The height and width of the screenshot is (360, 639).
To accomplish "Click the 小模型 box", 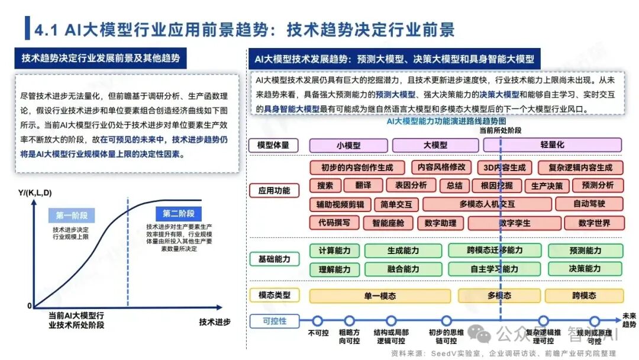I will (348, 145).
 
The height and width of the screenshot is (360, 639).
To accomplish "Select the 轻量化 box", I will (552, 145).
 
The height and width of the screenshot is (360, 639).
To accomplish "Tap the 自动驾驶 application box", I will (589, 204).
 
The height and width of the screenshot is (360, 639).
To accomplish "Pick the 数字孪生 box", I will (514, 223).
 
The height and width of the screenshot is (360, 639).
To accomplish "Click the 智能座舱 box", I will (384, 223).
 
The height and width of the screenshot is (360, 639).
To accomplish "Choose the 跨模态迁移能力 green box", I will (495, 250).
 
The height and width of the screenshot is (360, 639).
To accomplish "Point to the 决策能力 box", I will (585, 269).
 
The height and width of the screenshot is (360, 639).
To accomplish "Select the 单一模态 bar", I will (380, 295).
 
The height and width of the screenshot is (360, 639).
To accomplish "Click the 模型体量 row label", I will (275, 145).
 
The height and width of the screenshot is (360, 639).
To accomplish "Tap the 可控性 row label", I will (275, 321).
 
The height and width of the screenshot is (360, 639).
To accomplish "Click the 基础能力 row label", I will (275, 259).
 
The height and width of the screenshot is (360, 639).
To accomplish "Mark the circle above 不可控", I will (318, 321).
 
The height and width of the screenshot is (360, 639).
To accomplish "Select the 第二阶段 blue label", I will (179, 214).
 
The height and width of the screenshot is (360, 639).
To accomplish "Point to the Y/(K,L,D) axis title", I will (35, 192).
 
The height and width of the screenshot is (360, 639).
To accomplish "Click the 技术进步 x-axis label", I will (215, 322).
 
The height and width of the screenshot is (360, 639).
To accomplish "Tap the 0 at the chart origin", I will (29, 306).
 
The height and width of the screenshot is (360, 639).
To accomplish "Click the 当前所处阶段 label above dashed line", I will (501, 130).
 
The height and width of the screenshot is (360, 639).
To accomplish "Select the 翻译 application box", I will (363, 185).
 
